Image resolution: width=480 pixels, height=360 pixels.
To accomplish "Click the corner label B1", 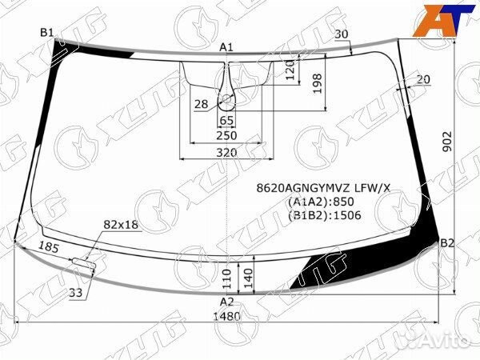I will click(x=47, y=32).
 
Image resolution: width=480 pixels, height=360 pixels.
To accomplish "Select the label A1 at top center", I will click(x=226, y=48).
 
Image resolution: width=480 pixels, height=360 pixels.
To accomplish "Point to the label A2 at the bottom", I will click(x=227, y=302).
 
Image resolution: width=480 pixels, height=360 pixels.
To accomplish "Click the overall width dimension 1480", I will click(x=227, y=317).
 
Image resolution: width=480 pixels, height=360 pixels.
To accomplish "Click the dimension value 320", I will click(x=226, y=152).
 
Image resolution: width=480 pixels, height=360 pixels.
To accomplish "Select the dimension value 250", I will click(x=226, y=135).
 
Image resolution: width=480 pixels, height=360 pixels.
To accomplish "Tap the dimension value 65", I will click(x=226, y=120).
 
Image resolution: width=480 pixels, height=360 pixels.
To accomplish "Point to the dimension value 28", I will click(x=200, y=104).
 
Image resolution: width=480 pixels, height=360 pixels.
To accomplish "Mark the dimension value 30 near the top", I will click(x=342, y=34).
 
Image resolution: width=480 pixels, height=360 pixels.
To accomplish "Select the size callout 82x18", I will click(x=121, y=225).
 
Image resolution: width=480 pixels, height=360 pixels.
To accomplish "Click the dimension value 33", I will click(x=75, y=294).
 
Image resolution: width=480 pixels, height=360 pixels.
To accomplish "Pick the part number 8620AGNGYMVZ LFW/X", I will click(x=323, y=188).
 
